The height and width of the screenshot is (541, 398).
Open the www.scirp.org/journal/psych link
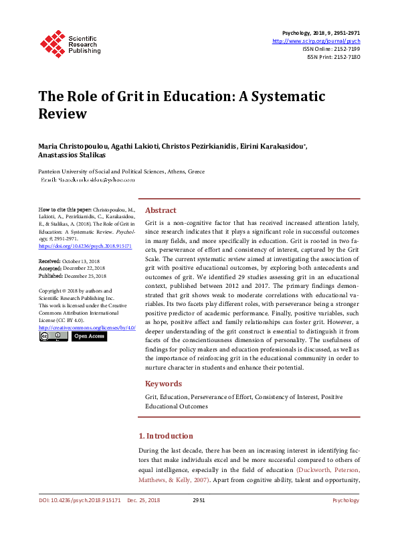coord(316,41)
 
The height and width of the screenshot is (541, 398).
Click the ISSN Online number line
coord(331,49)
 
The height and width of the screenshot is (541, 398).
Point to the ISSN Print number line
coord(333,58)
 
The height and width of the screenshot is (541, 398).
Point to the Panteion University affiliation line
coord(122,171)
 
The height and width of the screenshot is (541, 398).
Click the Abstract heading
coord(161,210)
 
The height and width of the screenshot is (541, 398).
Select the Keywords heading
coord(164,384)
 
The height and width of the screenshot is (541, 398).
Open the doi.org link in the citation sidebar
coord(85,246)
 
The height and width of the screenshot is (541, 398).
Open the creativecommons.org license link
coord(88,327)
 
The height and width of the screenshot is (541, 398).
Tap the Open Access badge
coord(88,336)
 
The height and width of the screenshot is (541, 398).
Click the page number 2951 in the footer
coord(199,500)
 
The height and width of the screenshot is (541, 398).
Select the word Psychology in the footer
coord(345,500)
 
